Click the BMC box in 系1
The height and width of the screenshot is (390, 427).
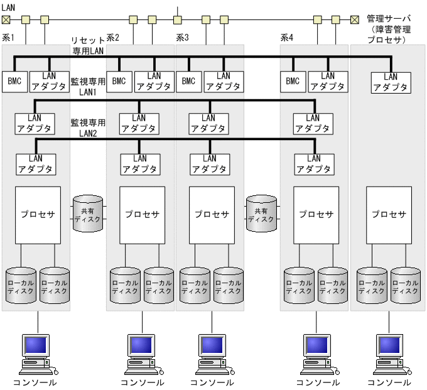coord(14,81)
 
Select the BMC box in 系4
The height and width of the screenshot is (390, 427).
coord(293,81)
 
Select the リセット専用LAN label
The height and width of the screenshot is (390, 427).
coord(87,44)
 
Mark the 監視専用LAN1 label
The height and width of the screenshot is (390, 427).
coord(87,86)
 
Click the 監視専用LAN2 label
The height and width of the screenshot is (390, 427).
coord(87,127)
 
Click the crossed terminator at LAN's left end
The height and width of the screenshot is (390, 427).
coord(6,19)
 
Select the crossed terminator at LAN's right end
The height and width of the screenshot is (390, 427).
coord(355,19)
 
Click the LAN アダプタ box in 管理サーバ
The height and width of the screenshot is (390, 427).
coord(391,82)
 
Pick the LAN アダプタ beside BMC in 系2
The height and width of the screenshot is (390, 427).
coord(154,81)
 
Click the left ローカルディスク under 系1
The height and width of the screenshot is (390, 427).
coord(20,287)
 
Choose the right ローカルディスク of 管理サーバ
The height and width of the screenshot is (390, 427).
coord(405,287)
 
